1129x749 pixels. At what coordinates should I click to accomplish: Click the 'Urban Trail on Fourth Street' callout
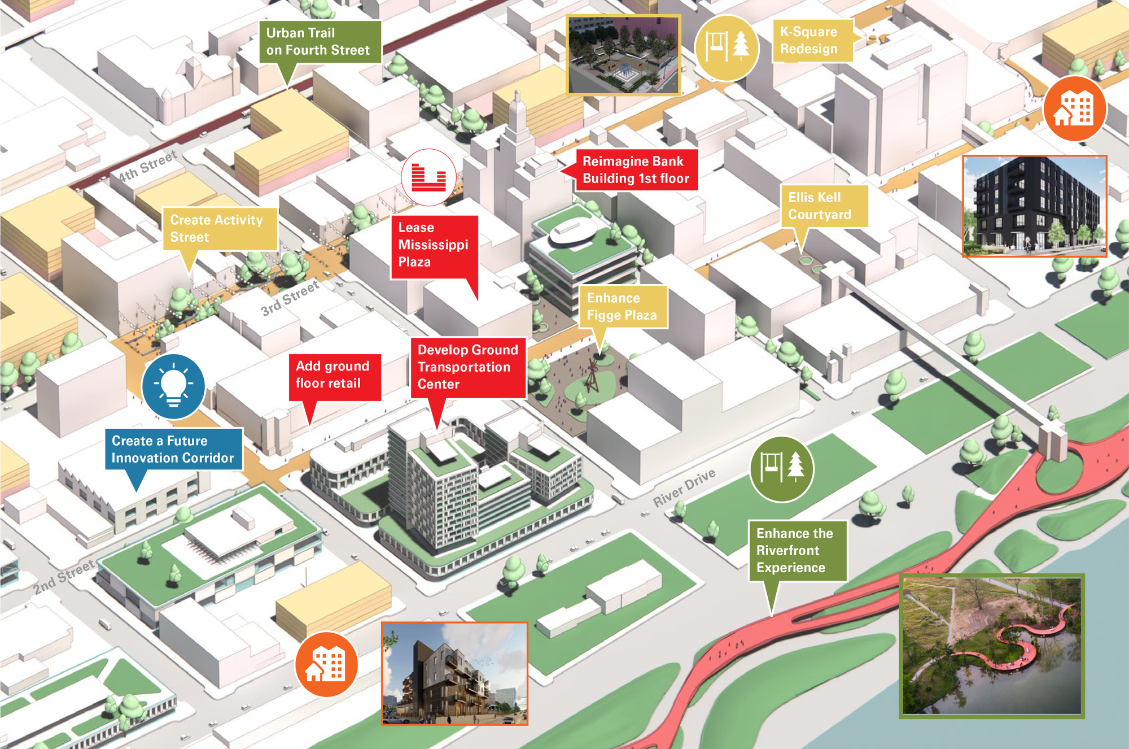click(320, 42)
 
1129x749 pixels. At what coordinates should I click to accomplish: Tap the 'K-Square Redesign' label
click(812, 41)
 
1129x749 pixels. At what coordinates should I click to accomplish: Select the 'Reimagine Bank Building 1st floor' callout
click(636, 170)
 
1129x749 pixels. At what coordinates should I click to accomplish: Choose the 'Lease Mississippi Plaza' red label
click(434, 245)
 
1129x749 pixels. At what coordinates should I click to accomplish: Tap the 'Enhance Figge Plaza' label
click(622, 307)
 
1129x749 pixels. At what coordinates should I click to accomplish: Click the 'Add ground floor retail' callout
click(334, 375)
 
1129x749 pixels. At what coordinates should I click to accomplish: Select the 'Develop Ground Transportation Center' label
click(468, 367)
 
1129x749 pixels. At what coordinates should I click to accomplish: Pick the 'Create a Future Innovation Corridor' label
click(173, 449)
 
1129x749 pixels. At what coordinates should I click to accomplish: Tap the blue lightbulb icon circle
click(173, 386)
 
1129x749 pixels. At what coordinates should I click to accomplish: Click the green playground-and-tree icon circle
click(781, 469)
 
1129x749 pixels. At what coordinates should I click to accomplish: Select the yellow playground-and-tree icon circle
click(726, 48)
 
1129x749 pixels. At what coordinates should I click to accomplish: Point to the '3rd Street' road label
click(290, 298)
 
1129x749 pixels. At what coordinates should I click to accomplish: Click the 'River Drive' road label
click(684, 487)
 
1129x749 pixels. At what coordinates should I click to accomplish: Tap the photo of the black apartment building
click(1034, 206)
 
